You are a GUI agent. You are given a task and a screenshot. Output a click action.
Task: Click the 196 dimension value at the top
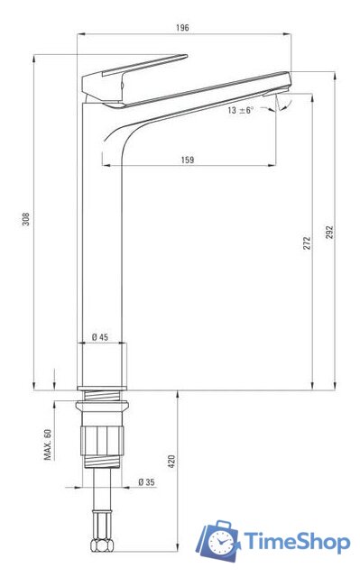(182, 28)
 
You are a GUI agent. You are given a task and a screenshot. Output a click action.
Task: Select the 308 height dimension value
(26, 218)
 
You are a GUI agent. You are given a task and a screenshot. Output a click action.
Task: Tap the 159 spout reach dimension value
(188, 160)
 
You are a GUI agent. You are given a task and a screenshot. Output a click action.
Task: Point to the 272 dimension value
(307, 243)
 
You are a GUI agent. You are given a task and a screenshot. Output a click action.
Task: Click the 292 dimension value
(329, 233)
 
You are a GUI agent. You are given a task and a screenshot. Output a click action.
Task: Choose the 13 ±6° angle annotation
(241, 110)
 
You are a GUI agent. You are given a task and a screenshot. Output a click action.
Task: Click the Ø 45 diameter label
(100, 336)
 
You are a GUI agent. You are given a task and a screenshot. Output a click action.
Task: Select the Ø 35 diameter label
(146, 481)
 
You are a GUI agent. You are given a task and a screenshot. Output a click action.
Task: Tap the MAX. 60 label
(48, 444)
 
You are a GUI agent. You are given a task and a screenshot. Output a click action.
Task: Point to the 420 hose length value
(171, 462)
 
